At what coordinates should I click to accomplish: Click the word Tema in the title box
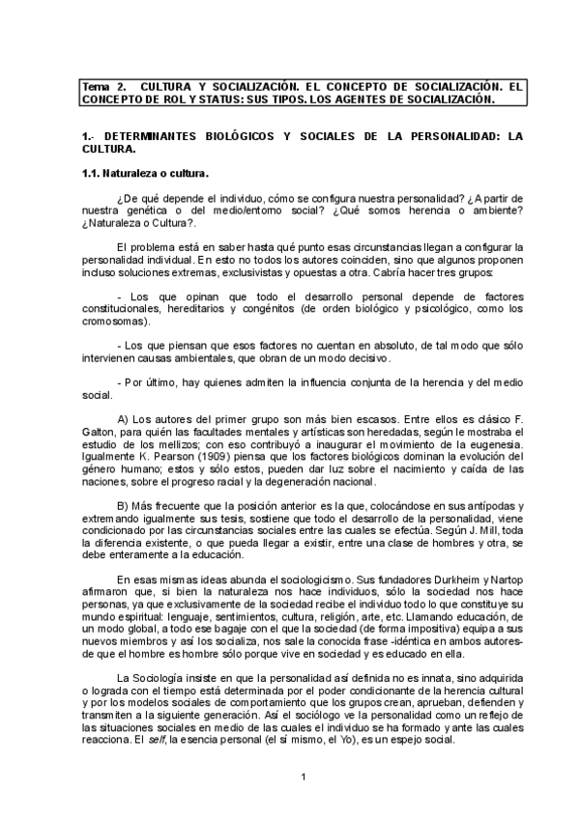click(x=97, y=86)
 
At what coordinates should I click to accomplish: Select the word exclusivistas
click(x=252, y=273)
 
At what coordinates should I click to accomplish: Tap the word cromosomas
click(x=113, y=323)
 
